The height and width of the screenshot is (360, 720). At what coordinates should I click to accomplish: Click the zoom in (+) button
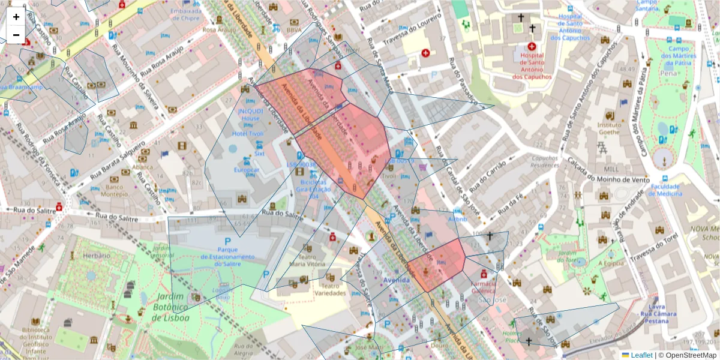(x=16, y=17)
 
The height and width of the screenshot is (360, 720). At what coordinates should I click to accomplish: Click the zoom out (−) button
(x=16, y=35)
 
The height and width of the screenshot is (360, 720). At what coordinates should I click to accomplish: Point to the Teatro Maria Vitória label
(x=307, y=260)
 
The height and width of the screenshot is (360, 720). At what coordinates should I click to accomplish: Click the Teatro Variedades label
(x=329, y=289)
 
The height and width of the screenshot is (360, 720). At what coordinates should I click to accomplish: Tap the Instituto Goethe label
(x=609, y=128)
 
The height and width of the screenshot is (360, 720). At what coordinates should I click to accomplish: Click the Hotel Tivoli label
(x=248, y=133)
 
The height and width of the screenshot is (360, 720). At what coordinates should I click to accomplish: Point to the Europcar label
(x=246, y=170)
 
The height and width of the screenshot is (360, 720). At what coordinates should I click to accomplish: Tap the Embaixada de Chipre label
(x=185, y=14)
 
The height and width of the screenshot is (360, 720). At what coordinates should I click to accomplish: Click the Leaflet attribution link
(x=641, y=355)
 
